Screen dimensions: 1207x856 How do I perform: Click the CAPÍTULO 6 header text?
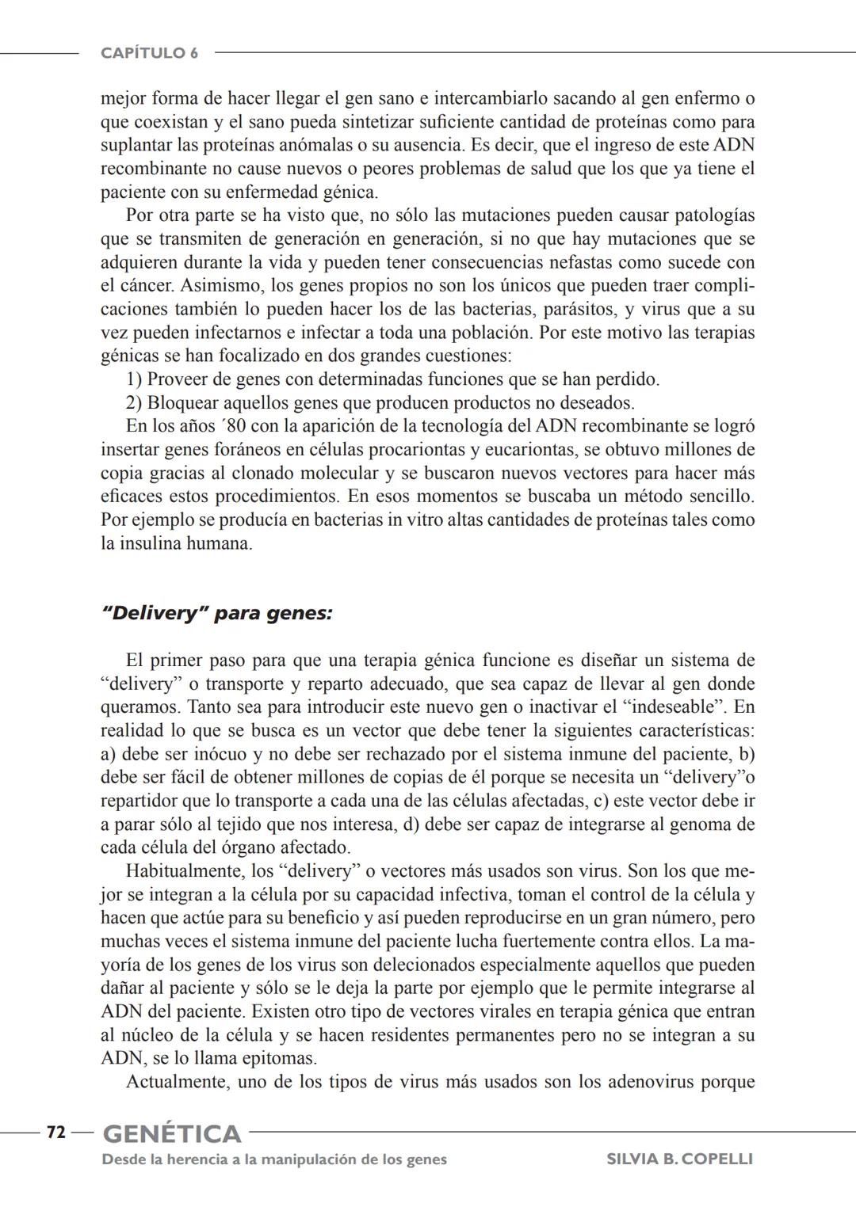pyautogui.click(x=150, y=53)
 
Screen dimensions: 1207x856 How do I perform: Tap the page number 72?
pyautogui.click(x=55, y=1133)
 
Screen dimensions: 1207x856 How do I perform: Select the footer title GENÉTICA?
pyautogui.click(x=172, y=1134)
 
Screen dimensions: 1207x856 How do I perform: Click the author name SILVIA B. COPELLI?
pyautogui.click(x=679, y=1159)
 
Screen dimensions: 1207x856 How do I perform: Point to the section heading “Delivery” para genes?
pyautogui.click(x=217, y=614)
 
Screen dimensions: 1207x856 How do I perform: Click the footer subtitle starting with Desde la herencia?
pyautogui.click(x=274, y=1159)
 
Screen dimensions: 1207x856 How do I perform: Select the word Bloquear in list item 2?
pyautogui.click(x=182, y=402)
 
